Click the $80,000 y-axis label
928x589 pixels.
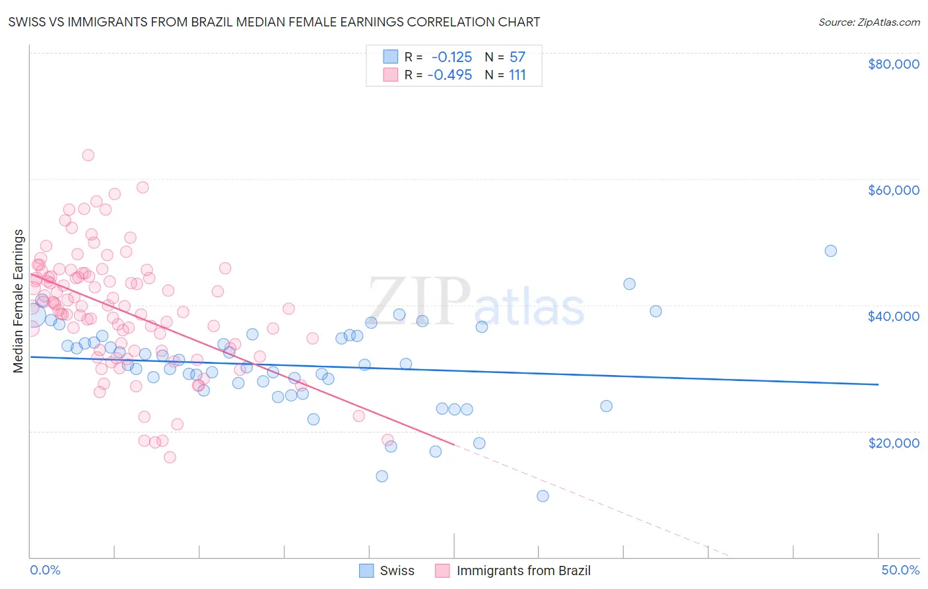click(893, 64)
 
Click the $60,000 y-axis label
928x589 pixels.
click(893, 190)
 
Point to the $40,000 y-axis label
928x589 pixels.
click(893, 316)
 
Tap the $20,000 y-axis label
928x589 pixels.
click(893, 442)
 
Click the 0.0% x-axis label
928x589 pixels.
click(45, 570)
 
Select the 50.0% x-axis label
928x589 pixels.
click(900, 570)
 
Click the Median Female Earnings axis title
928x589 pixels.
click(18, 301)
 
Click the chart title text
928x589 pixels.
click(274, 22)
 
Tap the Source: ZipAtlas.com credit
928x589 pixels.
click(869, 22)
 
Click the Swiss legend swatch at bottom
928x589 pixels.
click(366, 571)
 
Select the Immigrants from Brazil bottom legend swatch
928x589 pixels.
click(442, 571)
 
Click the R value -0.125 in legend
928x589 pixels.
click(451, 57)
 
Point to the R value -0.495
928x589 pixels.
click(449, 75)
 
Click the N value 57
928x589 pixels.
click(517, 57)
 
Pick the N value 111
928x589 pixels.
click(517, 75)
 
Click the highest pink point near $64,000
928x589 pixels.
click(88, 155)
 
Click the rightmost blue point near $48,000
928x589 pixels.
click(830, 251)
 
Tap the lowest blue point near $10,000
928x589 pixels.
click(543, 496)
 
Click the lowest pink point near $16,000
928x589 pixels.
click(170, 458)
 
